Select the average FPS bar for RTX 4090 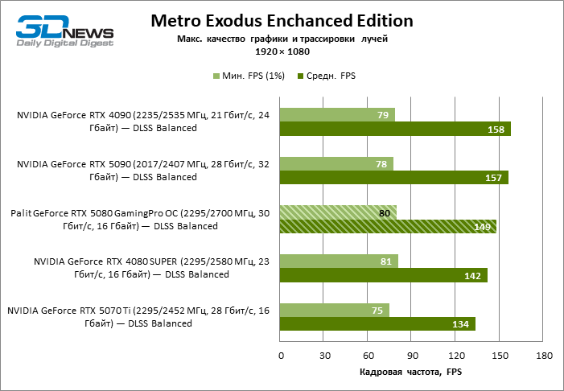tap(395, 130)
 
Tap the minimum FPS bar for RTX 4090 tap(336, 115)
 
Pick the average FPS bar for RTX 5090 tap(393, 178)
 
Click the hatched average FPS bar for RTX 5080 tap(388, 227)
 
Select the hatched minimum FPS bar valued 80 tap(338, 212)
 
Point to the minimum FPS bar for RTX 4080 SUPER tap(339, 261)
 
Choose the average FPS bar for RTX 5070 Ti tap(377, 324)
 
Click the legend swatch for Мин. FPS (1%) tap(216, 76)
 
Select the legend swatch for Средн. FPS tap(300, 76)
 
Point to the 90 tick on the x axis tap(411, 355)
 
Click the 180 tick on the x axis tap(543, 355)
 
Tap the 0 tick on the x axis tap(280, 355)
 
